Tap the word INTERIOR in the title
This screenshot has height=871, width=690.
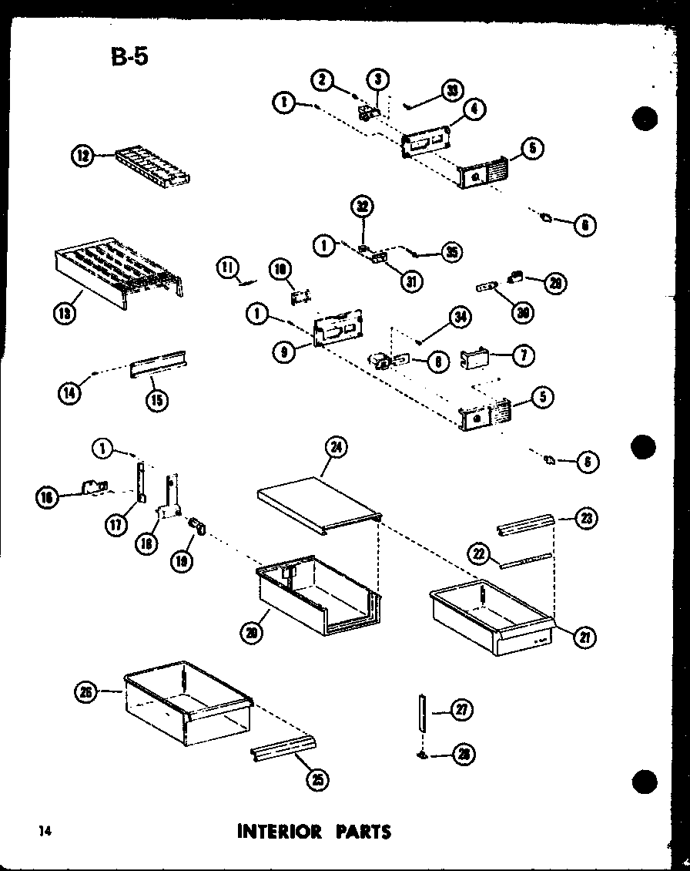[x=280, y=832]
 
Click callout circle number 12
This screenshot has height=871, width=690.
[x=82, y=156]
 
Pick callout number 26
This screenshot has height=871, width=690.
[x=85, y=692]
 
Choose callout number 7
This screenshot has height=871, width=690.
[x=525, y=355]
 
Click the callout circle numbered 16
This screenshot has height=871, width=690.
[x=47, y=499]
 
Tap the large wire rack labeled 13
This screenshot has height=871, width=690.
[x=119, y=271]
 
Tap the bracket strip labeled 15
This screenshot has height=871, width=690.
[x=160, y=362]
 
